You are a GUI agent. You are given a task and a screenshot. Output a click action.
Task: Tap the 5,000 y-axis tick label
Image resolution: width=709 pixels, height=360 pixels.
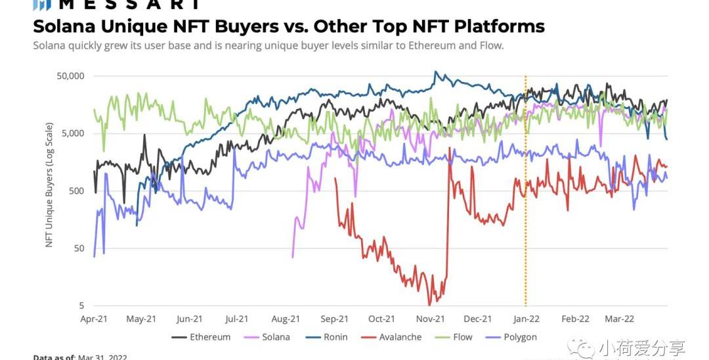tap(70, 133)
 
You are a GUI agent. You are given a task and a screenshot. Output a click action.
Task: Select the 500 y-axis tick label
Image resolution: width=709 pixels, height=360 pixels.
tap(74, 191)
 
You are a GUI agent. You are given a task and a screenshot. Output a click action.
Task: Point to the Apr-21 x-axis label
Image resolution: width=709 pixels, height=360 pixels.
tap(93, 319)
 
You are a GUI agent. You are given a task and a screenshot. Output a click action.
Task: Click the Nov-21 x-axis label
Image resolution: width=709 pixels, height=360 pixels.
tap(430, 319)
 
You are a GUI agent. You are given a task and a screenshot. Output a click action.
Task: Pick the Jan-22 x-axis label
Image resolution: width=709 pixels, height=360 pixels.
tap(526, 319)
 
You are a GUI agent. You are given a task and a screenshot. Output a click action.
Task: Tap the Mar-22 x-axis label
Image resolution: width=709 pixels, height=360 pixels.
tap(619, 319)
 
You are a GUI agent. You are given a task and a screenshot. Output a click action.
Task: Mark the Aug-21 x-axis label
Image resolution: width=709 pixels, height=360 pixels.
tap(286, 319)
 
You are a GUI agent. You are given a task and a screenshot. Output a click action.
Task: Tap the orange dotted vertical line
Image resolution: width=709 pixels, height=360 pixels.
tap(525, 197)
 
